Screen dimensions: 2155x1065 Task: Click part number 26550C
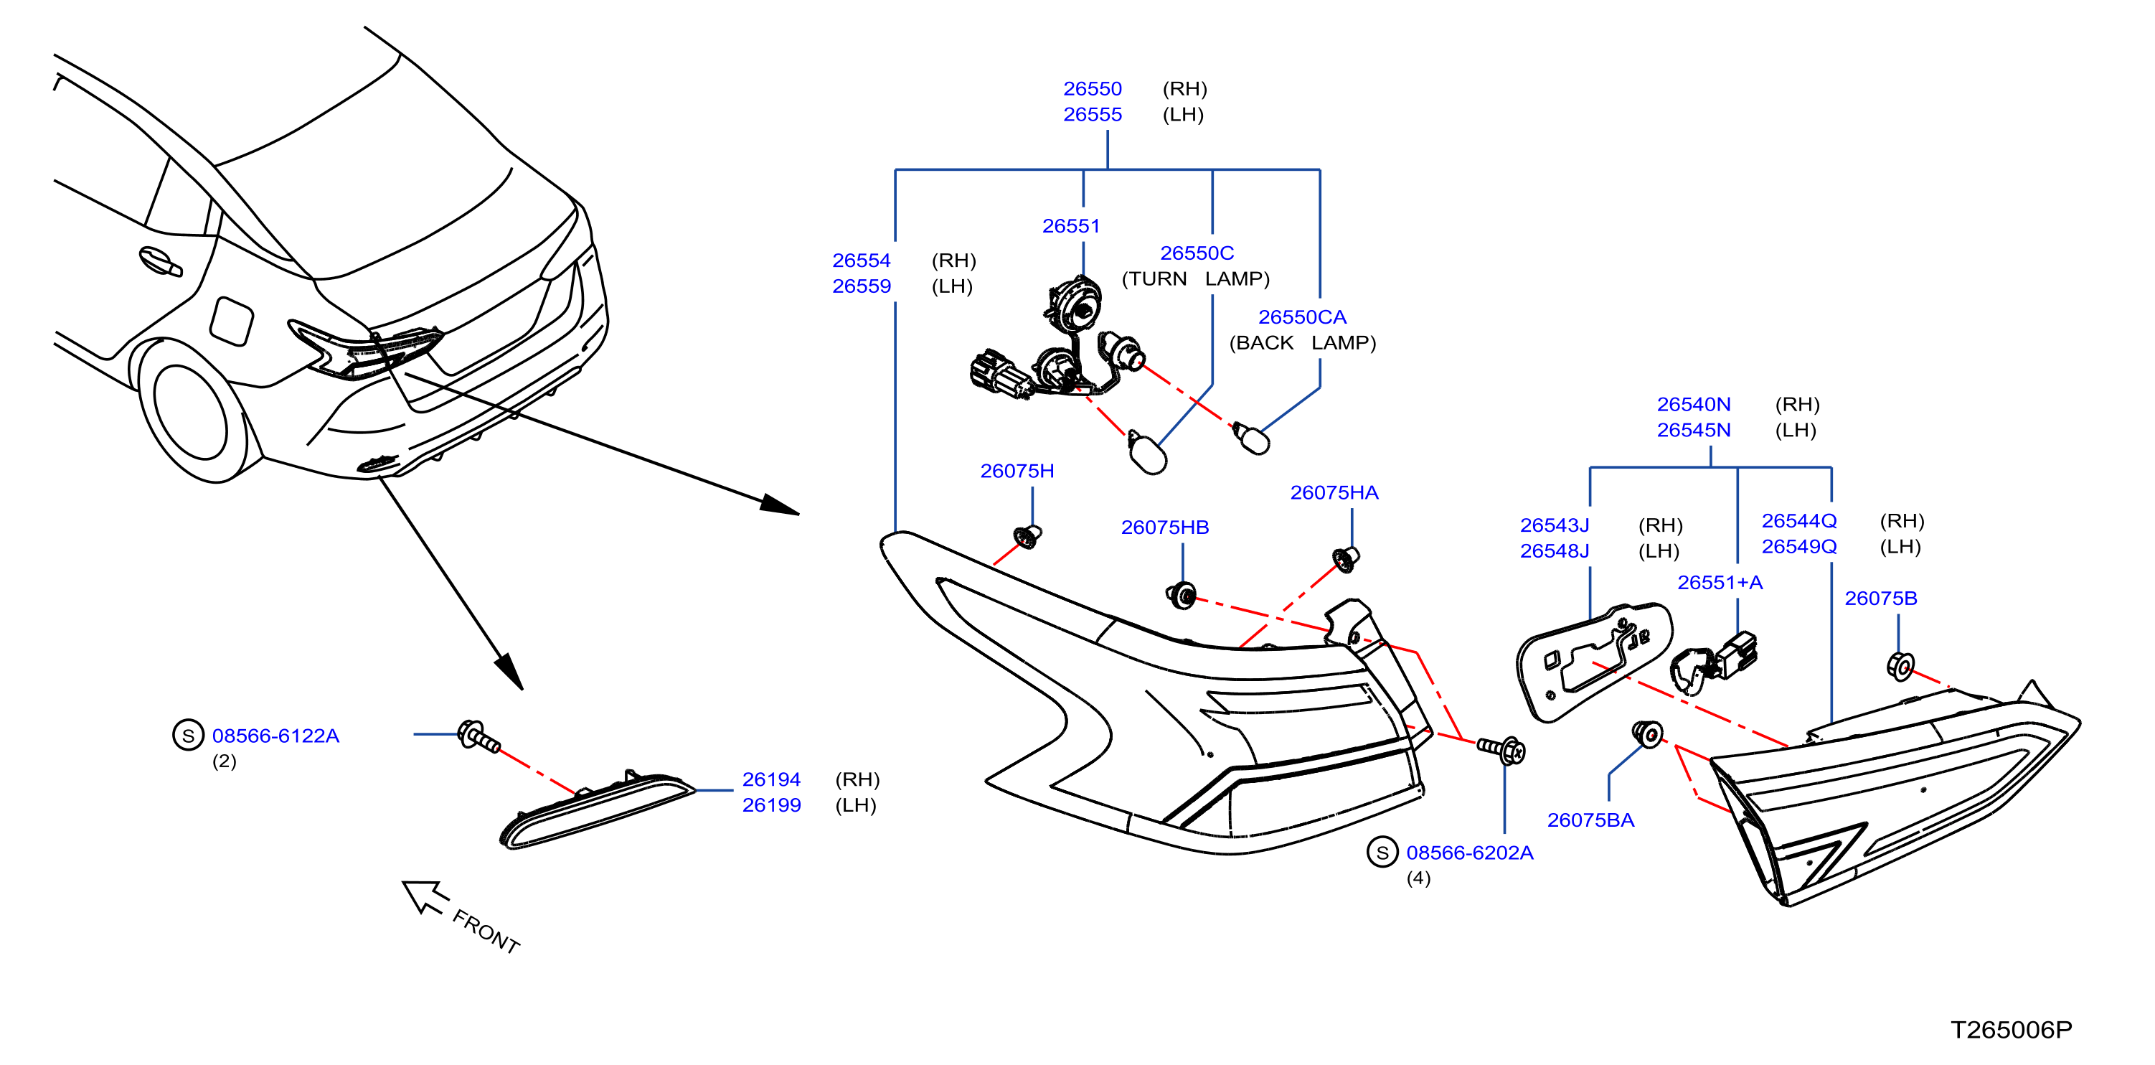pyautogui.click(x=1197, y=253)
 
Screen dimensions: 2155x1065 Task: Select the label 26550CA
pyautogui.click(x=1302, y=317)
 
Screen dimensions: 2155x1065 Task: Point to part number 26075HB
pyautogui.click(x=1164, y=527)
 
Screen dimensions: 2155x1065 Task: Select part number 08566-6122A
pyautogui.click(x=275, y=736)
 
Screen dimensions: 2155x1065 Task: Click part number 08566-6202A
pyautogui.click(x=1469, y=853)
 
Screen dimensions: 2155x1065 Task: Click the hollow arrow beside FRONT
pyautogui.click(x=424, y=897)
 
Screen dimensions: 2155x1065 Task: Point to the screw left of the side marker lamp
pyautogui.click(x=478, y=736)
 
